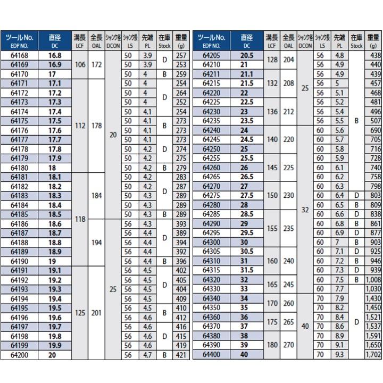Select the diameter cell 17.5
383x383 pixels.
click(55, 120)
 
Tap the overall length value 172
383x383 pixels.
click(96, 65)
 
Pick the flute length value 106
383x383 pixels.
click(79, 65)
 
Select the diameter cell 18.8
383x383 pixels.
click(55, 243)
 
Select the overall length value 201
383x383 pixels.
click(96, 313)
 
